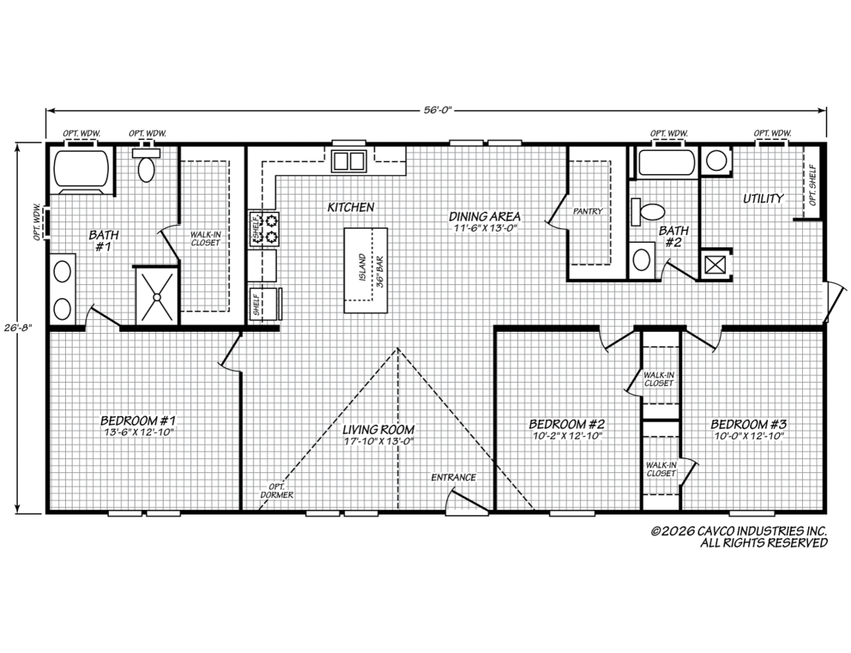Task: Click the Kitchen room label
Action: [x=350, y=207]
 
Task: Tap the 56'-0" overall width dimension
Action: [x=438, y=110]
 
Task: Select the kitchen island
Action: [x=365, y=270]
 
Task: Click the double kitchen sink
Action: [x=348, y=161]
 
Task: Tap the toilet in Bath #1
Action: [x=145, y=165]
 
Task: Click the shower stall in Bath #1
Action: [x=156, y=296]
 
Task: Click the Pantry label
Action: [x=588, y=212]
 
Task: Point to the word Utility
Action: [x=763, y=198]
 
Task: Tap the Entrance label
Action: [x=453, y=478]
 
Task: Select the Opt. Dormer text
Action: [x=276, y=491]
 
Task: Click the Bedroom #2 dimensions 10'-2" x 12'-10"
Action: [x=567, y=435]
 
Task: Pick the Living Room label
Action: [x=378, y=429]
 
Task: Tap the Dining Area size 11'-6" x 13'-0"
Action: [x=484, y=228]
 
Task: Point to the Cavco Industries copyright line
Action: [x=739, y=531]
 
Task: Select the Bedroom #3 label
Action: [x=749, y=424]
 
